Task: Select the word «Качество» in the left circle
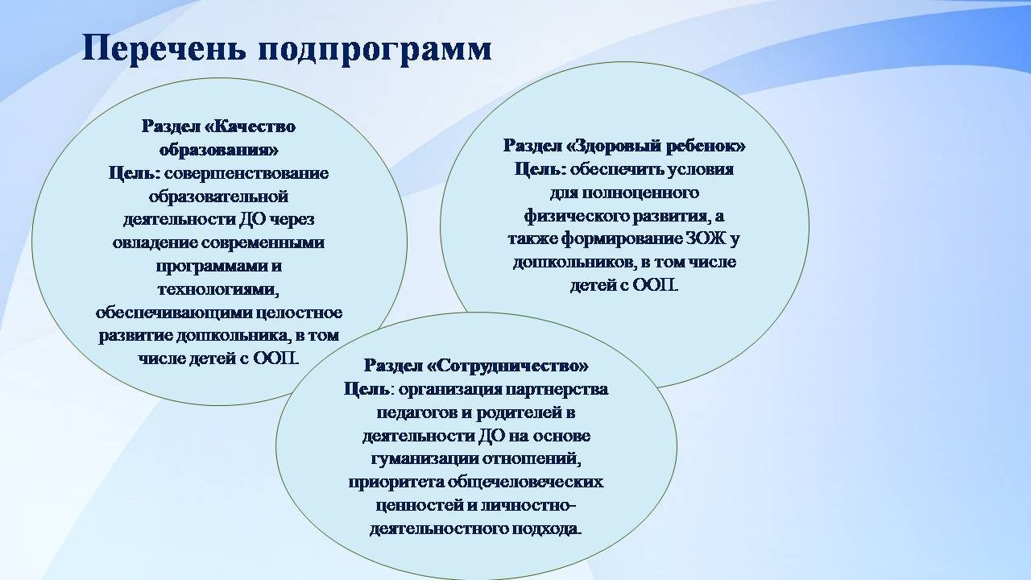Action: tap(255, 126)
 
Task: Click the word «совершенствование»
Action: tap(246, 173)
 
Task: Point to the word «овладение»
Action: tap(155, 243)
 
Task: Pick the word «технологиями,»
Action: tap(218, 289)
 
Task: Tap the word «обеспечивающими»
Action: tap(173, 313)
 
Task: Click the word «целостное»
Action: tap(299, 313)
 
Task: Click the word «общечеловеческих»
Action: tap(525, 483)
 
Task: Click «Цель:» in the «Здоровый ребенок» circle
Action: tap(540, 170)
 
